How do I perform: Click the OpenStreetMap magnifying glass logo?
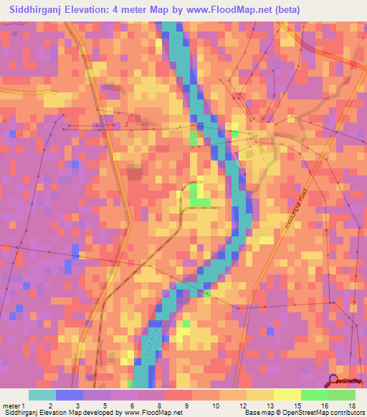pyautogui.click(x=333, y=380)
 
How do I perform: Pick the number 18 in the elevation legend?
pyautogui.click(x=351, y=405)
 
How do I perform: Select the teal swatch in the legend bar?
pyautogui.click(x=42, y=395)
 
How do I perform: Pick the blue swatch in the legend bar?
pyautogui.click(x=70, y=395)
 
